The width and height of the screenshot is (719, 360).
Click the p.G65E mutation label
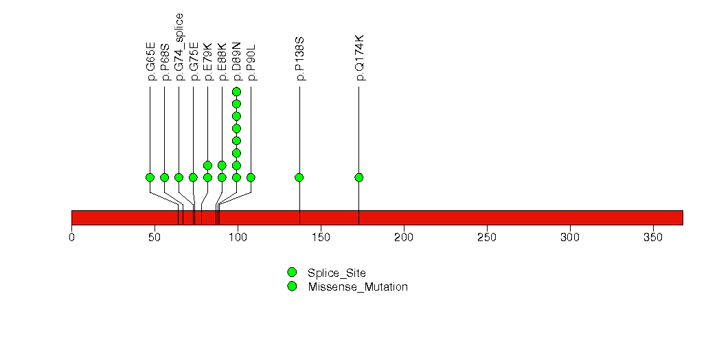coord(151,61)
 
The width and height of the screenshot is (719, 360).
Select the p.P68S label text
coord(165,63)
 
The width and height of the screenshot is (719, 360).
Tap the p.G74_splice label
coord(179,47)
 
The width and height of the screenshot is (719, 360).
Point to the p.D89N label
coord(237,61)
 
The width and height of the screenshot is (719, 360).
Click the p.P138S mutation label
coord(300,59)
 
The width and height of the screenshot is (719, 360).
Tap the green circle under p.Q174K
coord(359,177)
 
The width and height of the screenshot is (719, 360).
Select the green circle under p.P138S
coord(299,177)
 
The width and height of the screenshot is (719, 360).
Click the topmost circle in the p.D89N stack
coord(237,92)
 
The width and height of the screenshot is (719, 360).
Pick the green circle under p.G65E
coord(150,177)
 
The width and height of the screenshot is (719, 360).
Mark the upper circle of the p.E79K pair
coord(207,165)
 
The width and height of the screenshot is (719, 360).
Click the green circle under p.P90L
coord(251,177)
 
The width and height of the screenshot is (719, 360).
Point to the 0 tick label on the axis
coord(71,238)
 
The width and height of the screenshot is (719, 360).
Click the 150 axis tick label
coord(321,238)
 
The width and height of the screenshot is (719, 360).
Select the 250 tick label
coord(487,238)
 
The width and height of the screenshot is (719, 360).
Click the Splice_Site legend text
coord(337,273)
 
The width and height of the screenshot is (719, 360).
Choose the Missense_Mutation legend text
coord(358,287)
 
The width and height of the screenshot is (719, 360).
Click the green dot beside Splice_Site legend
coord(292,273)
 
